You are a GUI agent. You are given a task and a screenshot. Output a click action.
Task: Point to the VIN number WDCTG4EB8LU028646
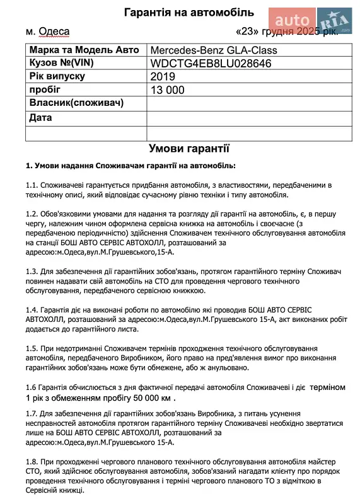coord(211,64)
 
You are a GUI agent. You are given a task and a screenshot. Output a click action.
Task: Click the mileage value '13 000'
coord(168,90)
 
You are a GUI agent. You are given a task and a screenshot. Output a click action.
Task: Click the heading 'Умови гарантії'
coord(189,149)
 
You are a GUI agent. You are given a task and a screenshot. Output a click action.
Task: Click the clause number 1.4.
coord(32,310)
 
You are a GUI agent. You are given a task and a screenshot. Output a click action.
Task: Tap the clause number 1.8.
coord(32,462)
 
